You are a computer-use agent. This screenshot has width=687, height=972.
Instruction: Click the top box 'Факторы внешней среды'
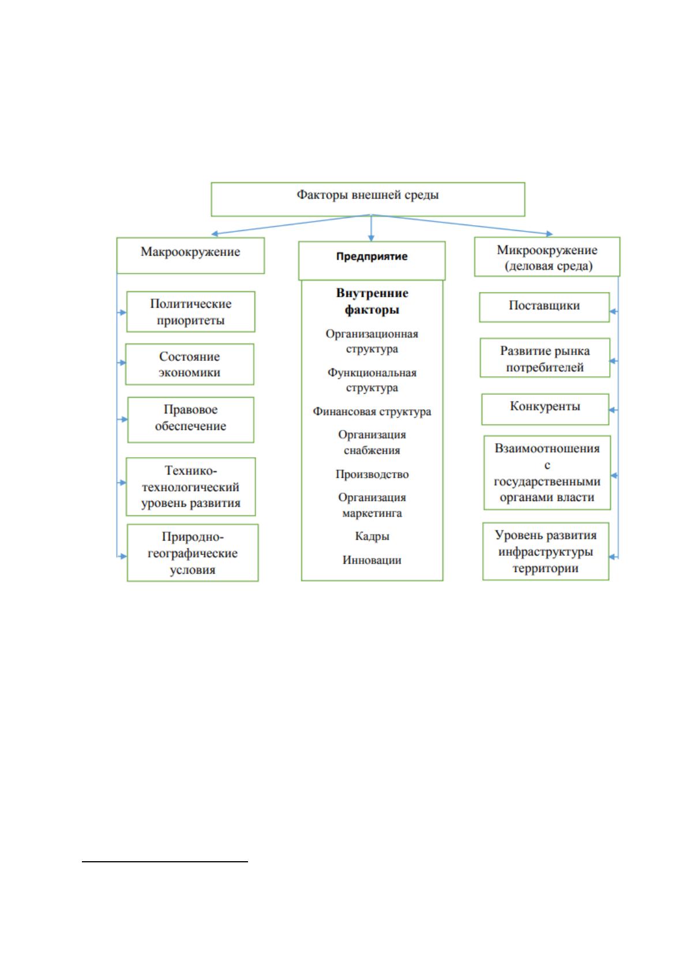368,199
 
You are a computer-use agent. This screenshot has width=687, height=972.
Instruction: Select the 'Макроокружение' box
190,256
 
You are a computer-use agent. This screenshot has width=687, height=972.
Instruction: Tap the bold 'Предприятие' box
371,260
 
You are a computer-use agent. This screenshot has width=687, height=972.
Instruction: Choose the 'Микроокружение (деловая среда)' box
547,256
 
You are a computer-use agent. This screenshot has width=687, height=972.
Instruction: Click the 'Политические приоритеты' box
190,312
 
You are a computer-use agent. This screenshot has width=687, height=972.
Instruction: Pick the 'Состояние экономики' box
190,364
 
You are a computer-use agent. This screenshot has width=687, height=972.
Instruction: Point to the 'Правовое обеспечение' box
190,420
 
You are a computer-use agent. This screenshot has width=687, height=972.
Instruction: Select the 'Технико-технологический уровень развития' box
190,487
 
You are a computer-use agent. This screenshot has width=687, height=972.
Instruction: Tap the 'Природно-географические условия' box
193,552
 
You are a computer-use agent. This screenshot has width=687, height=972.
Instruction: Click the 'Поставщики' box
545,307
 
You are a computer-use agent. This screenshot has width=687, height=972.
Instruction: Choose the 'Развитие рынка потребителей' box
545,357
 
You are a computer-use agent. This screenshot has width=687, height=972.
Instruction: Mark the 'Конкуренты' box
545,409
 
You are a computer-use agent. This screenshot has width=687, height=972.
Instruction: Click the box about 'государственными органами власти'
547,473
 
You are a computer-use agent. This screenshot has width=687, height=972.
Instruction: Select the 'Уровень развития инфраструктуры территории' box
546,551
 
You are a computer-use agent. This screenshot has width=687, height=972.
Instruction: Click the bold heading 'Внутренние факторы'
371,301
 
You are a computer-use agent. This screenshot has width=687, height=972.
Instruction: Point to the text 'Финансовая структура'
371,411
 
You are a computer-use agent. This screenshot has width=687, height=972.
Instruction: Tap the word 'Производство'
371,474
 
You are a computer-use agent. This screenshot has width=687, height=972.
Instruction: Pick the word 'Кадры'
371,536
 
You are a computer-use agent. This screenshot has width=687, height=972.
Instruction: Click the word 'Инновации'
371,560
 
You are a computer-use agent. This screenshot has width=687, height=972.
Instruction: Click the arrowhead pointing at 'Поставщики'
613,311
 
